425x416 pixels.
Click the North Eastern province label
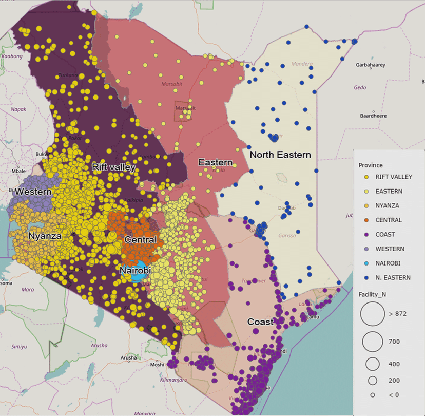pyautogui.click(x=280, y=154)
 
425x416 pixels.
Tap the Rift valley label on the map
pyautogui.click(x=113, y=167)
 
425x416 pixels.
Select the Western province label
pyautogui.click(x=33, y=192)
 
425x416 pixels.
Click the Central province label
pyautogui.click(x=140, y=239)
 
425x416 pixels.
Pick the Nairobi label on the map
pyautogui.click(x=135, y=270)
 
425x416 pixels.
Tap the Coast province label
pyautogui.click(x=260, y=322)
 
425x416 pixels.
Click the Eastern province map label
pyautogui.click(x=216, y=162)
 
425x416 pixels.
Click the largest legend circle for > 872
pyautogui.click(x=373, y=314)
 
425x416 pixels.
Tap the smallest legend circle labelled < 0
pyautogui.click(x=373, y=394)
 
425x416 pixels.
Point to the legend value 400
pyautogui.click(x=394, y=364)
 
